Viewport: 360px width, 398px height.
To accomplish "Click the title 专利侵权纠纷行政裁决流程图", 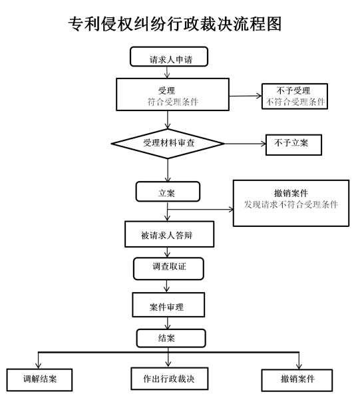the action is click(175, 25).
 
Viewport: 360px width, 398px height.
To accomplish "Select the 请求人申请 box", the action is click(169, 57).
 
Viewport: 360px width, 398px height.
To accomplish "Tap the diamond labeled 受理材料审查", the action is click(168, 144).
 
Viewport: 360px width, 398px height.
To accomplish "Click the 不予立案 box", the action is click(293, 144).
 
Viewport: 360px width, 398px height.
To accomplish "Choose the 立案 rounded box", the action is click(168, 192).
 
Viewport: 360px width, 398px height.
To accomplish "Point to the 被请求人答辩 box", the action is click(169, 234).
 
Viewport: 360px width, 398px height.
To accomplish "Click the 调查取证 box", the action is click(168, 268).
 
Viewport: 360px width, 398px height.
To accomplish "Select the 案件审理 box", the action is click(168, 305).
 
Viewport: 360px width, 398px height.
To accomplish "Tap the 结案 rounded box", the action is click(171, 338).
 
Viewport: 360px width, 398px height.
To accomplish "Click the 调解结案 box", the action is click(39, 380).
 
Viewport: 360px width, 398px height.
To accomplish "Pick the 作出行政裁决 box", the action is click(170, 379).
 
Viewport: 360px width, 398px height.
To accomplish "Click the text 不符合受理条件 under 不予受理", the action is click(295, 102).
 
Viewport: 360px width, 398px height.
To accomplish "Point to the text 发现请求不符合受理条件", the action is click(291, 204).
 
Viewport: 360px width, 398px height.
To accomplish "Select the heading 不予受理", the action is click(293, 91).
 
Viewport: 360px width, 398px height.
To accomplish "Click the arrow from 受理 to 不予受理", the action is click(246, 96).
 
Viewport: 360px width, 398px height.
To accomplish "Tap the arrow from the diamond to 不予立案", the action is click(245, 144).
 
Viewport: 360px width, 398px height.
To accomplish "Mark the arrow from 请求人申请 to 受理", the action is click(167, 73).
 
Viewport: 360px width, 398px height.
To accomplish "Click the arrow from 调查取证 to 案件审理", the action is click(166, 286).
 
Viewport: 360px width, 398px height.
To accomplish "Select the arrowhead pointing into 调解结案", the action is click(39, 365).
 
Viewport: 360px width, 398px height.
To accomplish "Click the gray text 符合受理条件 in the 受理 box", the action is click(173, 102).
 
